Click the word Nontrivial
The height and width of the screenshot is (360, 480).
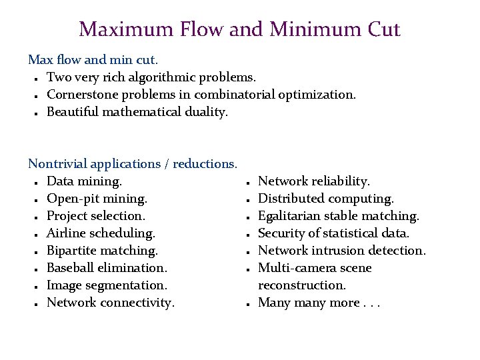(57, 164)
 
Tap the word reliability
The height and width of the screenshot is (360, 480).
(341, 181)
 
